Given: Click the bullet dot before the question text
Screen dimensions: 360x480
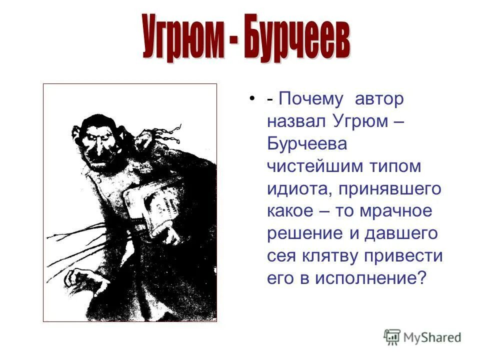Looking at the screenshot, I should click(x=252, y=97).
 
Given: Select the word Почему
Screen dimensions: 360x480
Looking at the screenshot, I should click(x=311, y=99).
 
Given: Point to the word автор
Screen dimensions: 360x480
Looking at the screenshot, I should click(x=378, y=99).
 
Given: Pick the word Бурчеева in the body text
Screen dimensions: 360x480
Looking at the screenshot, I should click(x=306, y=144).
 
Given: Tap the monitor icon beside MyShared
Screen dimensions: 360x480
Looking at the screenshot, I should click(x=392, y=337).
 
